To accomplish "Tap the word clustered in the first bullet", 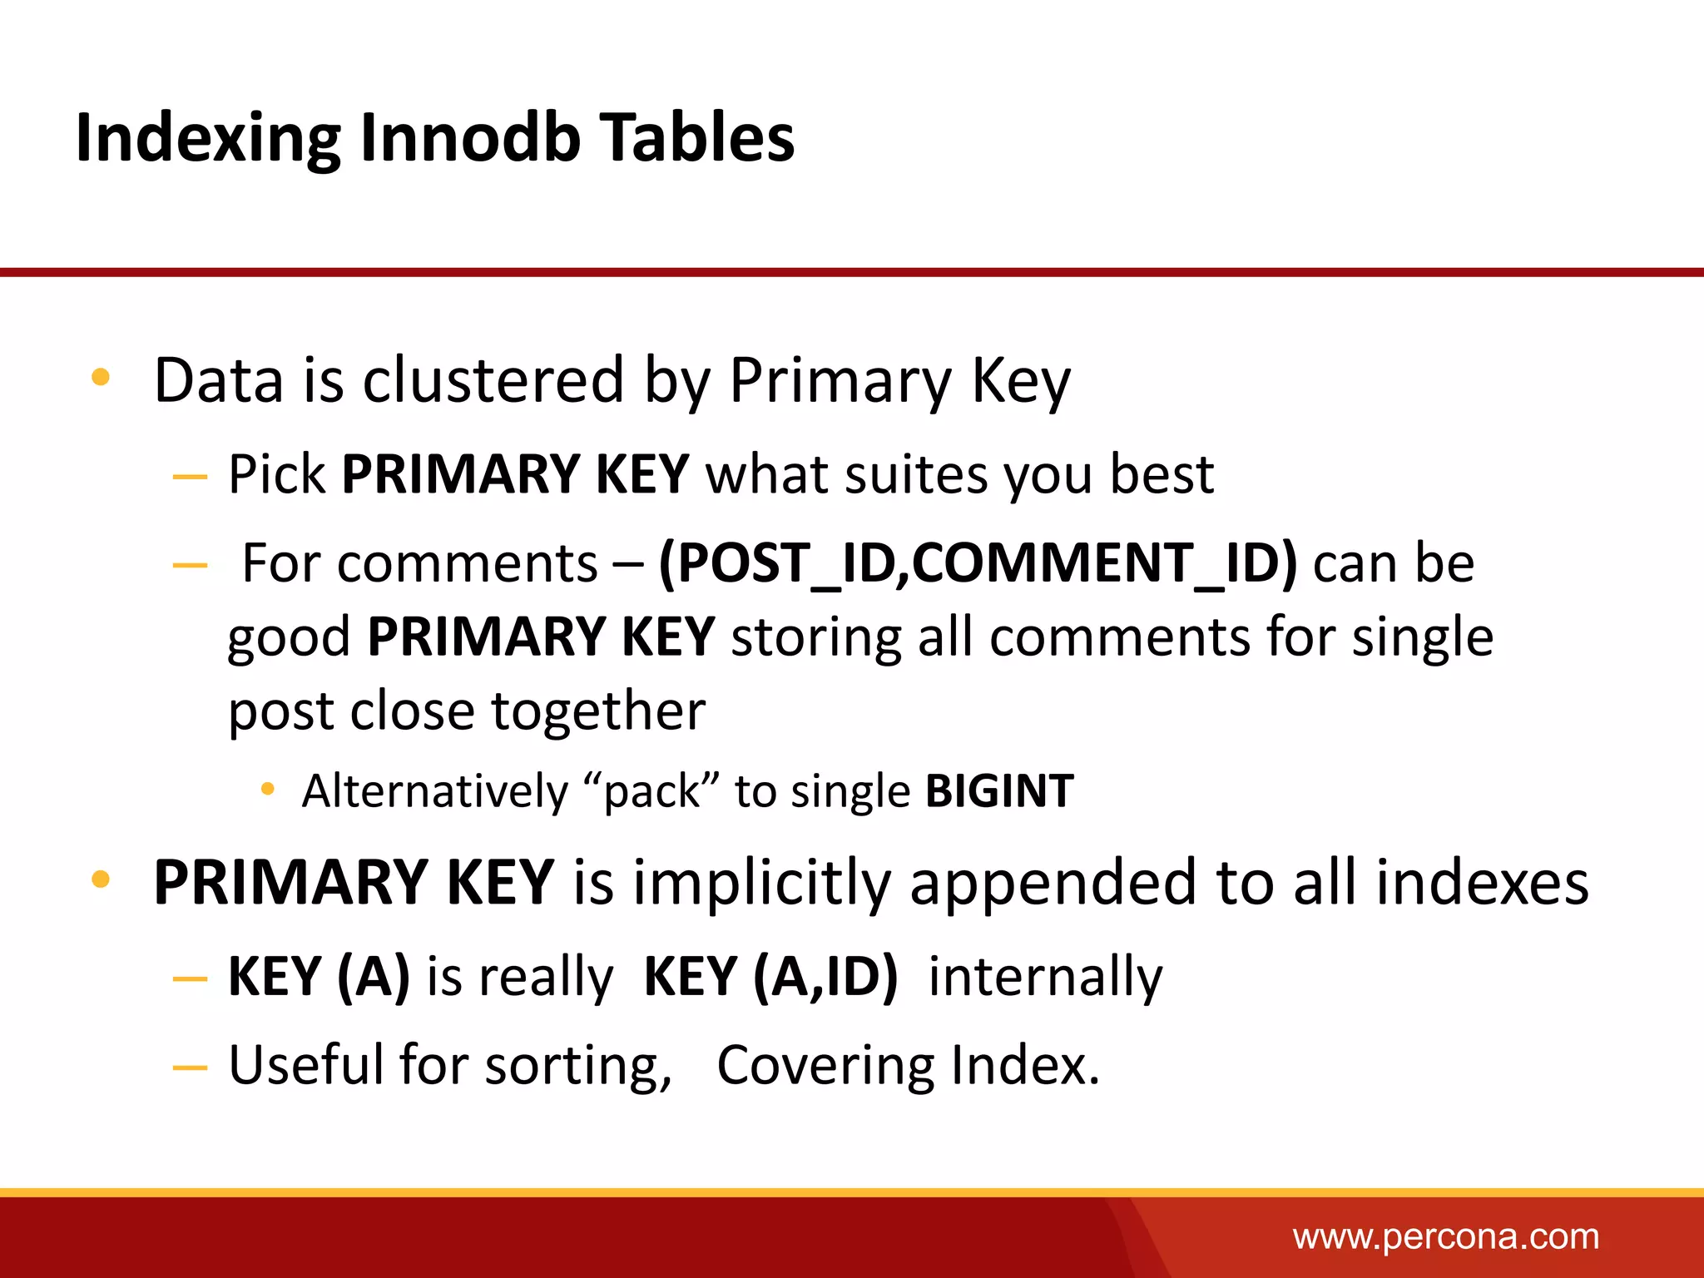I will point(493,380).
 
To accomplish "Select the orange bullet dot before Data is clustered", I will point(101,378).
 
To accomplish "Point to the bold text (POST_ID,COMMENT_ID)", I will point(978,563).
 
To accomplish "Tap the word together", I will point(597,711).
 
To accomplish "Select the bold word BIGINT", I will point(999,790).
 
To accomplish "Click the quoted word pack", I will point(652,790).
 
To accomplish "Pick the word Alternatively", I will point(434,790).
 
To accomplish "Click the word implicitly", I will point(761,883).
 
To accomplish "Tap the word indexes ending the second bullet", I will point(1482,883).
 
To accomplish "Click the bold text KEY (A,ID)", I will point(770,976).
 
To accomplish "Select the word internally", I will point(1045,976).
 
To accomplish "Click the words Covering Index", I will point(907,1066).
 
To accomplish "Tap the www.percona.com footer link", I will point(1445,1237).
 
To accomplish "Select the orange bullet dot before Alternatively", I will point(267,789).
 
